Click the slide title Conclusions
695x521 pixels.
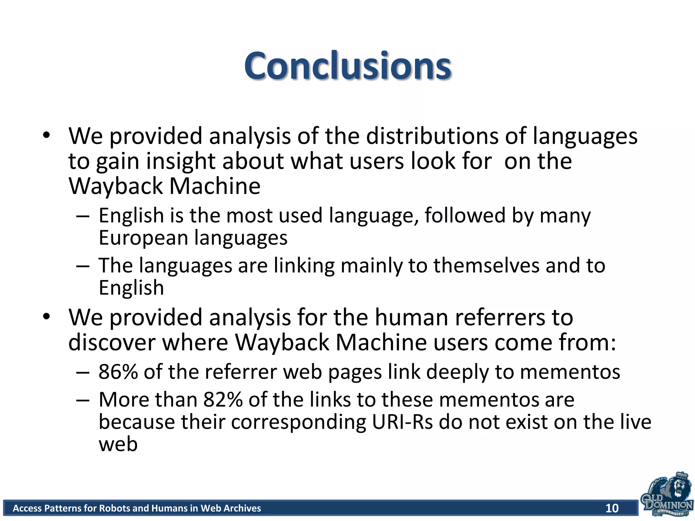click(347, 66)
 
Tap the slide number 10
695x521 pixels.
click(612, 508)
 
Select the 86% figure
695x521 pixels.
click(118, 372)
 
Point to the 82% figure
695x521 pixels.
click(223, 400)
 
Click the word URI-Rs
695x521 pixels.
click(402, 422)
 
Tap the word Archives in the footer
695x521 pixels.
click(241, 508)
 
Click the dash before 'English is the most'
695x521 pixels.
click(83, 216)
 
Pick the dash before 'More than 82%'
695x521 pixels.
click(83, 400)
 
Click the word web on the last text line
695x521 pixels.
click(118, 444)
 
